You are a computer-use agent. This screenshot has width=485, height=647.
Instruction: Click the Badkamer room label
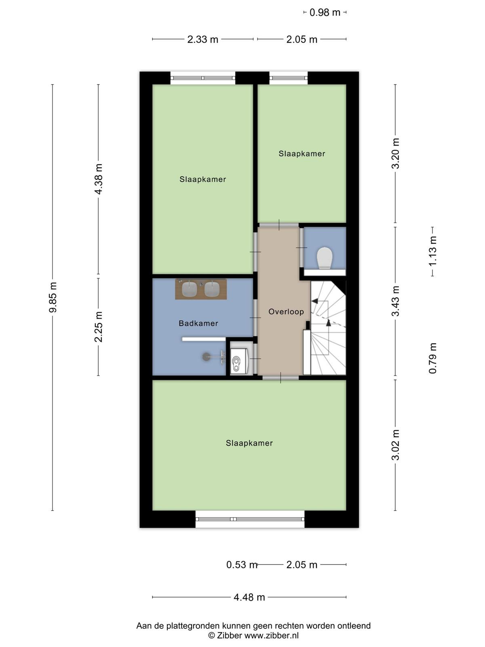pos(198,323)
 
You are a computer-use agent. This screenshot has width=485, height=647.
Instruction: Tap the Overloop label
pos(286,311)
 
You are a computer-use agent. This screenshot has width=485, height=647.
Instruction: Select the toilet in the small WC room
pos(325,258)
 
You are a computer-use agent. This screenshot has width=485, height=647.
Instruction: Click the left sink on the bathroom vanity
pos(189,289)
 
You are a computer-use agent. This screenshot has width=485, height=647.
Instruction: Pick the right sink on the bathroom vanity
pos(212,289)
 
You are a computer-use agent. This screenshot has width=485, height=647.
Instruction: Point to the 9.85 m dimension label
pos(53,297)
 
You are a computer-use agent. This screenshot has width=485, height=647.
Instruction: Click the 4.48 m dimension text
pos(249,597)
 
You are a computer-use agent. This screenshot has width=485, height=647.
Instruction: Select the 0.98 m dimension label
pos(325,13)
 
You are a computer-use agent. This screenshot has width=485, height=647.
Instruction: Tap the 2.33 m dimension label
pos(202,39)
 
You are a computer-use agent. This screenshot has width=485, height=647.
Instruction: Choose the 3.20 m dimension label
pos(395,153)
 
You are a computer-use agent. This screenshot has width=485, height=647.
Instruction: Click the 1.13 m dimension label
pos(432,251)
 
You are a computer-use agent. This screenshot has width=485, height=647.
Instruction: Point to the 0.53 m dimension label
pos(242,565)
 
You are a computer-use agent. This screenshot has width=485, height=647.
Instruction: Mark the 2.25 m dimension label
pos(98,327)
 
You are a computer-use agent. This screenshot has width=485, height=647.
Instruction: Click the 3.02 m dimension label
pos(395,445)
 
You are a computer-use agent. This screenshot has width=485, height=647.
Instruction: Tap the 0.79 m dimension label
pos(432,358)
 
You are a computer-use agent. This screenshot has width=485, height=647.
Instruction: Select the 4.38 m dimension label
pos(98,179)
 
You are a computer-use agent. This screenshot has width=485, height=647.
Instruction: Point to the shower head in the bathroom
pos(206,357)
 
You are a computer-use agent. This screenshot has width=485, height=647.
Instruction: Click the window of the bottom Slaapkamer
pos(250,519)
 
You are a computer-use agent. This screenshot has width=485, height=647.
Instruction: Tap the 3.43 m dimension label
pos(395,301)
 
